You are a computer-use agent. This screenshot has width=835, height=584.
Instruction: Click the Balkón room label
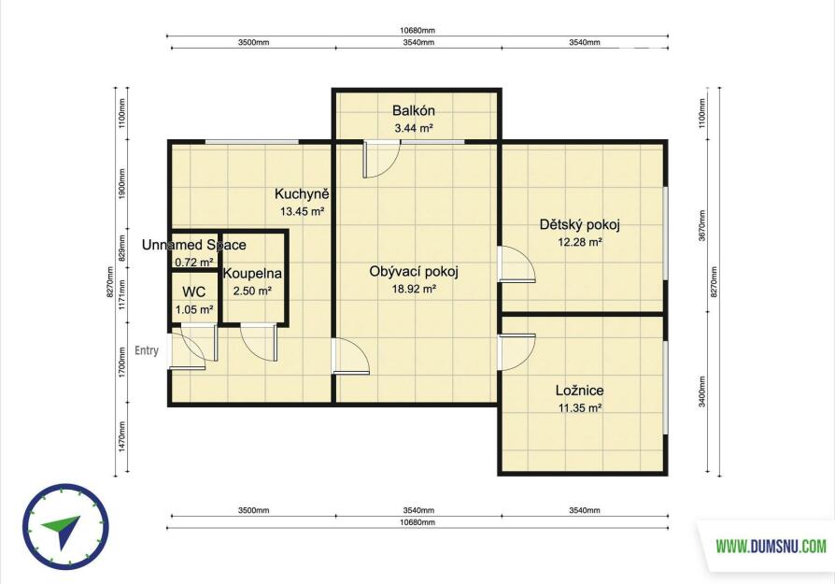tap(413, 111)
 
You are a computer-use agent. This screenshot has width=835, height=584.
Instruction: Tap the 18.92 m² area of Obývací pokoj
tap(415, 290)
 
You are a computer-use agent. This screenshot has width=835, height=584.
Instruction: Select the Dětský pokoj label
tap(579, 225)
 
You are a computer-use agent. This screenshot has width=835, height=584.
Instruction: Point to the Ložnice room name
tap(579, 391)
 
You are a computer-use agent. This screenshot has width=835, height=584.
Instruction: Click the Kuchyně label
tap(302, 193)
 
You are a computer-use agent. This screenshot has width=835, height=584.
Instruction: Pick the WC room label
tap(194, 292)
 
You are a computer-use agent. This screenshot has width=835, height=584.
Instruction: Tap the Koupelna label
tap(252, 274)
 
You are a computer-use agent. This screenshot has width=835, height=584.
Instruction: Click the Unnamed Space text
tap(194, 245)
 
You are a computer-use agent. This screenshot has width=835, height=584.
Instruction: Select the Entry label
tap(147, 350)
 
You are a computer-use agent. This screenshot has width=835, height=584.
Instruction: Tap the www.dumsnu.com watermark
tap(771, 547)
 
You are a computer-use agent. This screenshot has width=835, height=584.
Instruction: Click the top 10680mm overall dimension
tap(417, 31)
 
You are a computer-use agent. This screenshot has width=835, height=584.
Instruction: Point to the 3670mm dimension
tap(701, 225)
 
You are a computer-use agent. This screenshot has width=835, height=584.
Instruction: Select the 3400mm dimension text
tap(701, 392)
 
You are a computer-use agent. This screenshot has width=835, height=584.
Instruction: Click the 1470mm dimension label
tap(122, 437)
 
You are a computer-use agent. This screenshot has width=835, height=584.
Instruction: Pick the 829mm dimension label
tap(122, 248)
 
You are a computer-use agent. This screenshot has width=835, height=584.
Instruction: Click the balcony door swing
tap(381, 159)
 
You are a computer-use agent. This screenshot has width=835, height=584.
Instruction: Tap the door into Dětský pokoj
tap(517, 264)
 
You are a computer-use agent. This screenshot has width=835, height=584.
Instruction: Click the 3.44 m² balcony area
tap(413, 128)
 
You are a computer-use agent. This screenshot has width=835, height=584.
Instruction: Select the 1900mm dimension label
tap(122, 184)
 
